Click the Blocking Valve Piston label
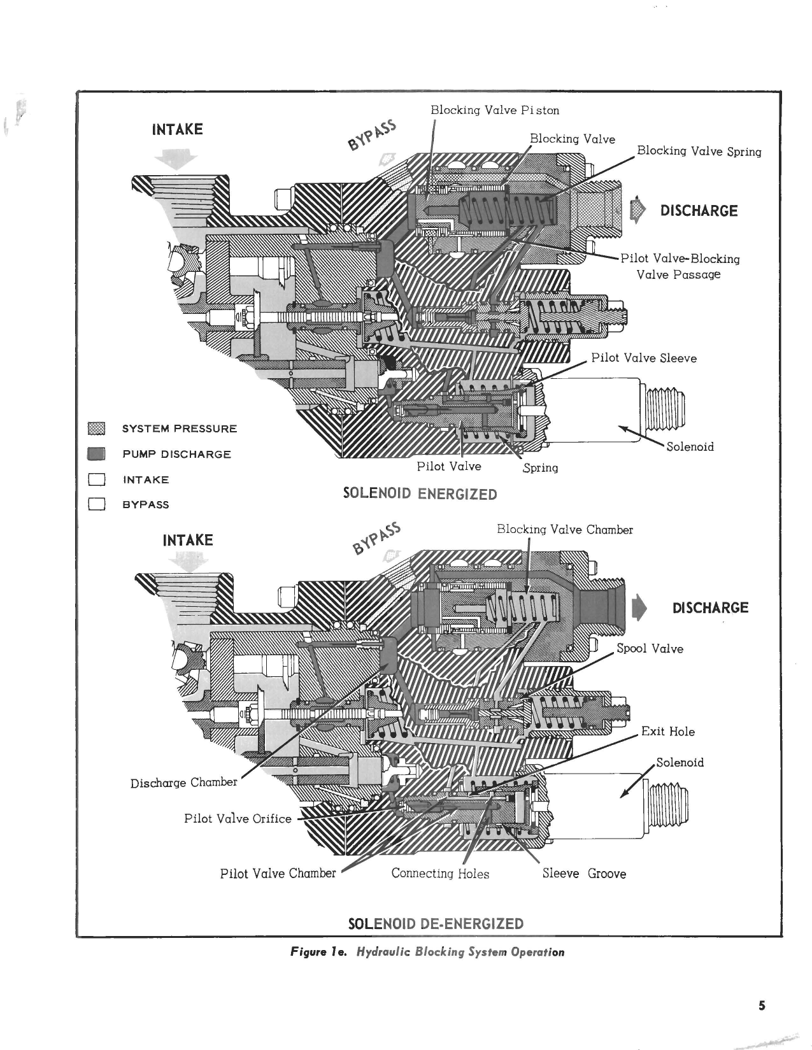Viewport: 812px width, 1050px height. [495, 110]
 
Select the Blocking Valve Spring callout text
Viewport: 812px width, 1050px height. [699, 152]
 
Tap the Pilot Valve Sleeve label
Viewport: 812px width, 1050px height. [644, 358]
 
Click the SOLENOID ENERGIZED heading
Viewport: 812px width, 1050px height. [420, 494]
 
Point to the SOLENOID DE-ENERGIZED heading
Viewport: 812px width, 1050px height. [436, 924]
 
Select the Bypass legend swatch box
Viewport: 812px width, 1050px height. [97, 505]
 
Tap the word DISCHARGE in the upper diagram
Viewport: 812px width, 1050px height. [699, 211]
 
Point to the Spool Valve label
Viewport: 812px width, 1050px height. [650, 649]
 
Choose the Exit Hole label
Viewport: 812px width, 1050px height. [667, 732]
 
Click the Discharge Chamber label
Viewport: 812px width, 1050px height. [183, 783]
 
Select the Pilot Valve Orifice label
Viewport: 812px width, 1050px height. [238, 819]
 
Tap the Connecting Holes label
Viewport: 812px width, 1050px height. [440, 874]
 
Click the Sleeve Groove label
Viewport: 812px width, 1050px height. [584, 874]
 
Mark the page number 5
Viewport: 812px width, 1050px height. [762, 1006]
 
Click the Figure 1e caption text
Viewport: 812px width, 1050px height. [427, 953]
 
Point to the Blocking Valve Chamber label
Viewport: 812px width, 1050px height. [565, 530]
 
